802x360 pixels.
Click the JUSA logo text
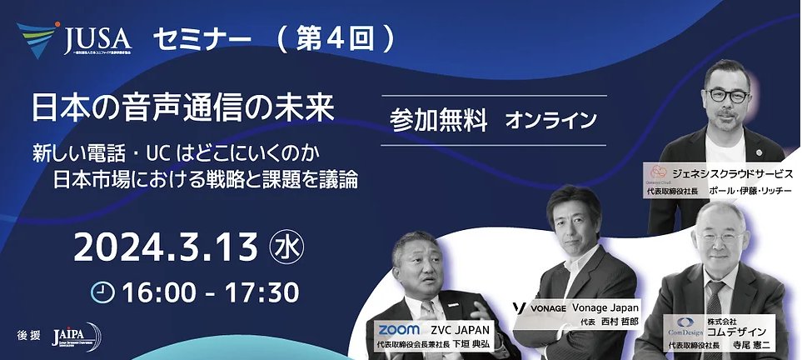(x=97, y=38)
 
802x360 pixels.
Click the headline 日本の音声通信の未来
(x=182, y=108)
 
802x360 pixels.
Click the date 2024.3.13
(x=165, y=248)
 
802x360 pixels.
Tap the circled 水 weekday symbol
(x=286, y=248)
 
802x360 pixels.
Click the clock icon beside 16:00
(x=102, y=291)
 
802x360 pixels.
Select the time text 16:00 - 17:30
(x=208, y=292)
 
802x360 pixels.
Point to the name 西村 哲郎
(x=617, y=322)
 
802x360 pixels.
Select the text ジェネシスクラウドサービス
(x=733, y=174)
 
